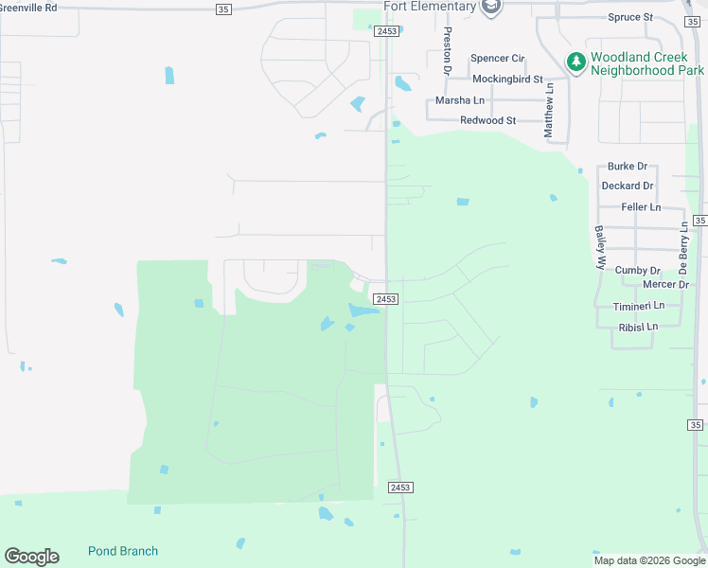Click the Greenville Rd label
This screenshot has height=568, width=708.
coord(28,7)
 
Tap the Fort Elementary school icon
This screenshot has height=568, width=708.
coord(490,8)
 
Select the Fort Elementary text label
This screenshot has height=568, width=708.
coord(430,7)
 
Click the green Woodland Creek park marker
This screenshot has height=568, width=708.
coord(575,62)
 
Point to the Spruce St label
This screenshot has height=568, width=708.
coord(631,17)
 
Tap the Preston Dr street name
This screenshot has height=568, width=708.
coord(448,50)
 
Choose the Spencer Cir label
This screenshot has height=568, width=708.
coord(497,59)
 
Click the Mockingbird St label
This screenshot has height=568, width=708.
coord(507,80)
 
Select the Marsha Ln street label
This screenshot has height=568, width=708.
coord(460,100)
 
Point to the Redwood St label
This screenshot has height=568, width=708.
coord(487,120)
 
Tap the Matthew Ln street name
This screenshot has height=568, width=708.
coord(548,111)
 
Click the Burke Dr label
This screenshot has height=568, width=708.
coord(628,166)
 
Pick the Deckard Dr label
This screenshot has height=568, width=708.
coord(628,186)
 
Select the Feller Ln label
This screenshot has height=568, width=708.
coord(641,207)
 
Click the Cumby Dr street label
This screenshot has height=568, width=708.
coord(637,270)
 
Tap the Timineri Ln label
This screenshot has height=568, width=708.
coord(639,306)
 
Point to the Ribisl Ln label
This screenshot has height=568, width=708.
coord(638,327)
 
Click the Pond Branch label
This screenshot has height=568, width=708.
coord(123,551)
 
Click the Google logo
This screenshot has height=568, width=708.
coord(31,557)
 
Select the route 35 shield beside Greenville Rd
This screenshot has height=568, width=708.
coord(223,9)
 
